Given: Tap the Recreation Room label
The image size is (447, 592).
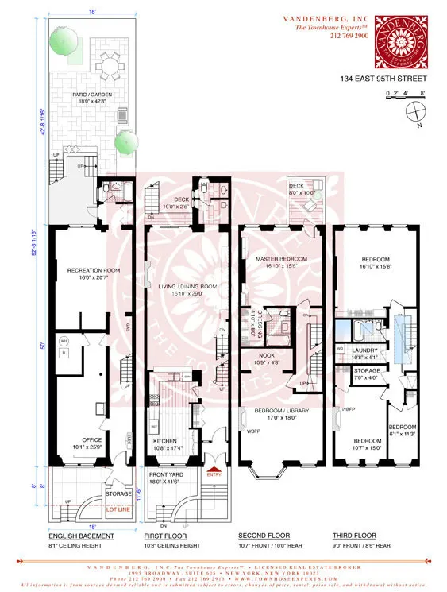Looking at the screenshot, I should click(x=93, y=271).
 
